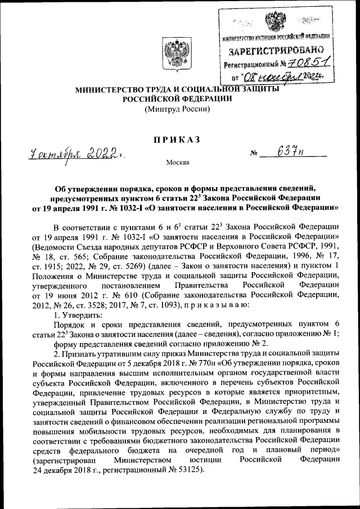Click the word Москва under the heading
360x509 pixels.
point(178,163)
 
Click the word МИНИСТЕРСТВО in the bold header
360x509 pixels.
point(113,89)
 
